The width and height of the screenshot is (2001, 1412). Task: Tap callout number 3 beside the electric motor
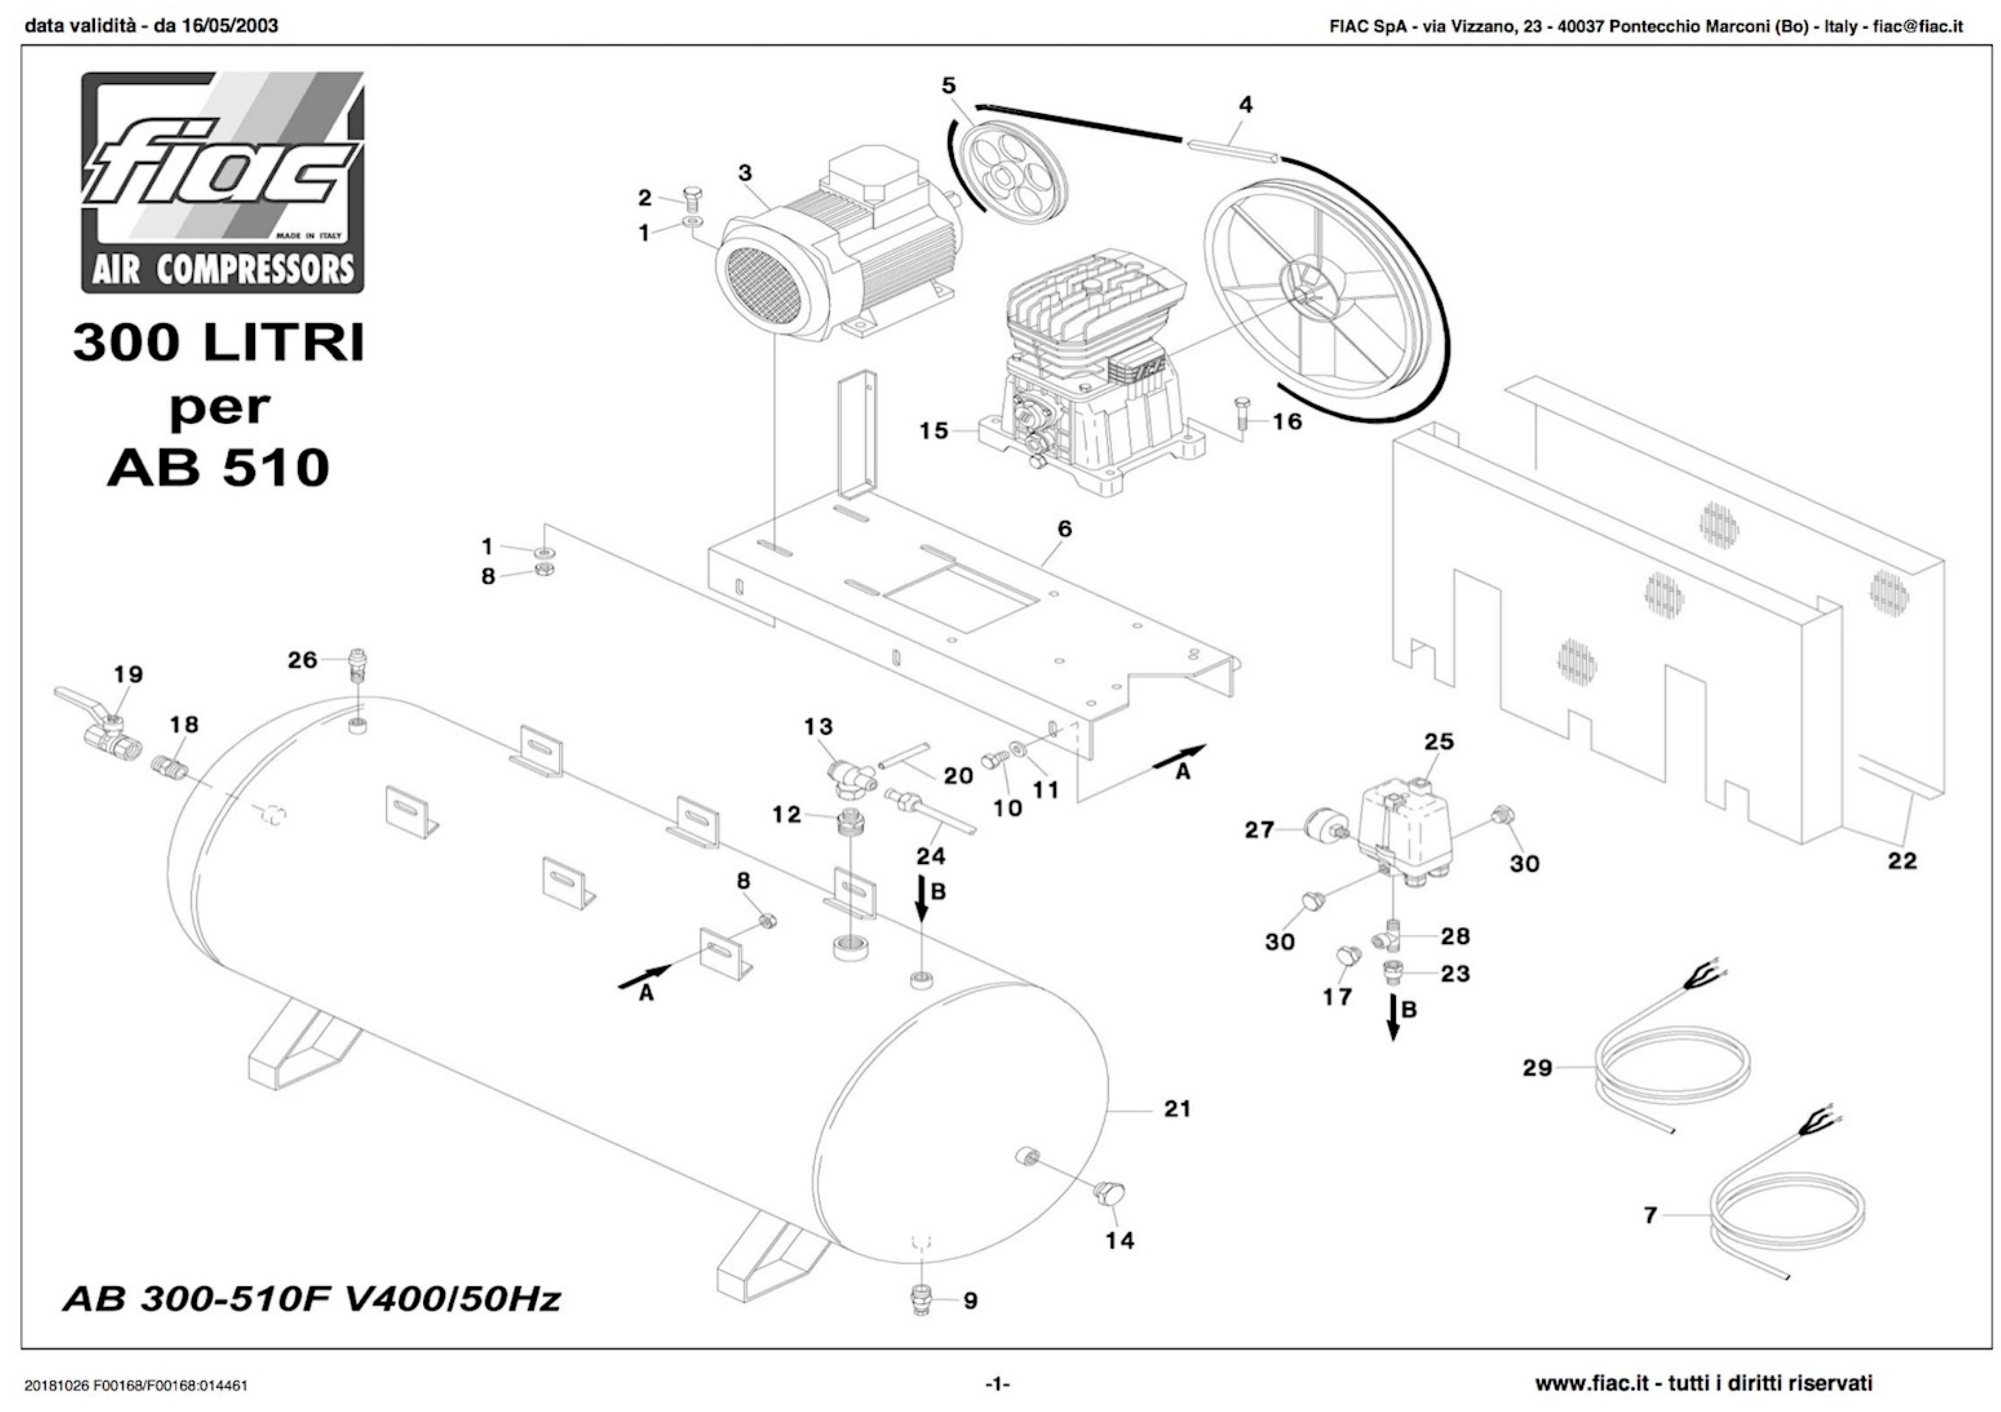coord(744,172)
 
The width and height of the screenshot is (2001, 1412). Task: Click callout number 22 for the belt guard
coord(1902,861)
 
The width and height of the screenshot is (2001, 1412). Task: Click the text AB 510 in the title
coord(218,468)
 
